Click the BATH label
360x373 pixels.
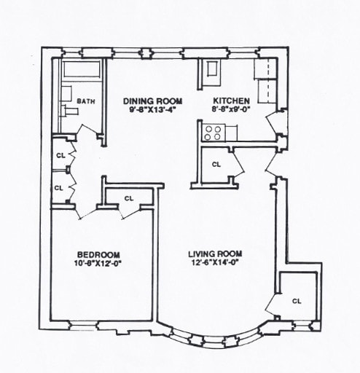pyautogui.click(x=86, y=101)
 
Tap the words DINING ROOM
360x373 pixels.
pyautogui.click(x=152, y=101)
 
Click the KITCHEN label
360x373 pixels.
pyautogui.click(x=232, y=101)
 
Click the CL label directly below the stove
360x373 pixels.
pyautogui.click(x=216, y=164)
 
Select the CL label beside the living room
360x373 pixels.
pyautogui.click(x=297, y=300)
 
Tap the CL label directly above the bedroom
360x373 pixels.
pyautogui.click(x=129, y=198)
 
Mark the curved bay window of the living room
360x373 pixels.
pyautogui.click(x=211, y=337)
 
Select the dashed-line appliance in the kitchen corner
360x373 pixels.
pyautogui.click(x=265, y=79)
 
